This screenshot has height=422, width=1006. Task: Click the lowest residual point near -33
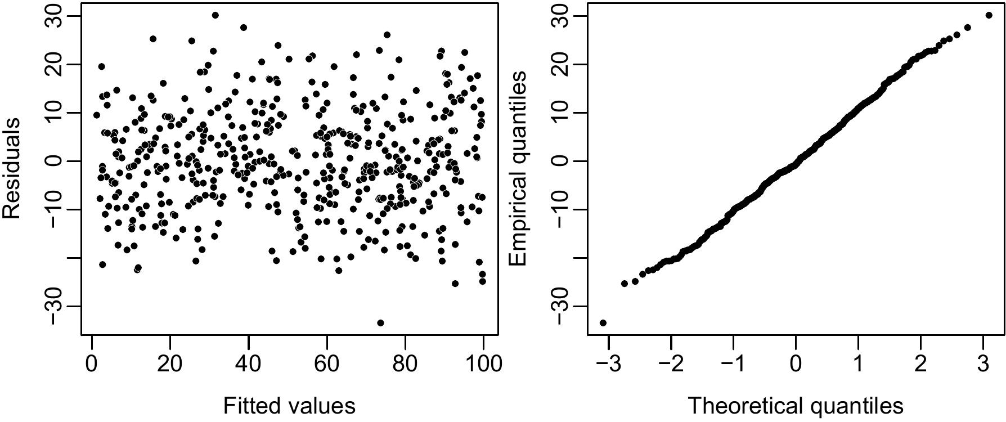pyautogui.click(x=380, y=322)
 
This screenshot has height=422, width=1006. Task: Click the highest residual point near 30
pyautogui.click(x=215, y=15)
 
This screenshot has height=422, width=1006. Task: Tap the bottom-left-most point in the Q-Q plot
pyautogui.click(x=603, y=322)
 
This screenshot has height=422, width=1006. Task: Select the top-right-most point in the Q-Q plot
pyautogui.click(x=989, y=15)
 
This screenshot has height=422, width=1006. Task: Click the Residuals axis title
pyautogui.click(x=12, y=168)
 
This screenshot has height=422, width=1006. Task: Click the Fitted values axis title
pyautogui.click(x=289, y=406)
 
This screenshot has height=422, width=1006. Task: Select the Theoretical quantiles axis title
pyautogui.click(x=796, y=406)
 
